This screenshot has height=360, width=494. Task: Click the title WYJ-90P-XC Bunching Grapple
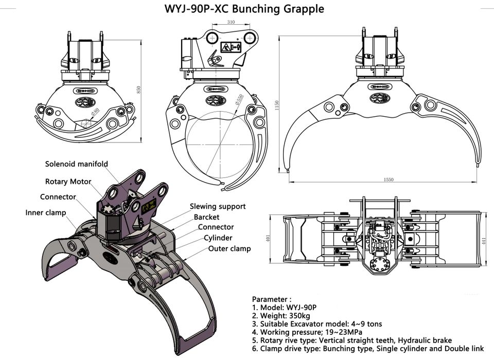click(x=244, y=9)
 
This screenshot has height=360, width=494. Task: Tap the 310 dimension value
click(x=230, y=22)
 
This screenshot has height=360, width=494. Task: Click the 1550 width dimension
click(x=388, y=179)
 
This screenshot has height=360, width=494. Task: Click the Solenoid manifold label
click(x=77, y=164)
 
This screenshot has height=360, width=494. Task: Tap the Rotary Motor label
click(x=68, y=181)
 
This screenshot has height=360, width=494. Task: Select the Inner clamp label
click(x=46, y=212)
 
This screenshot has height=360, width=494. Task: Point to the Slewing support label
click(x=218, y=206)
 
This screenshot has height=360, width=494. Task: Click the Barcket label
click(x=206, y=217)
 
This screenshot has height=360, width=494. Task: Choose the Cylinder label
click(x=218, y=238)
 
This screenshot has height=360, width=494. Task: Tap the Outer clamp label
click(x=230, y=249)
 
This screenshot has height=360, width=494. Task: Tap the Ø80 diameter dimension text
click(x=95, y=112)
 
